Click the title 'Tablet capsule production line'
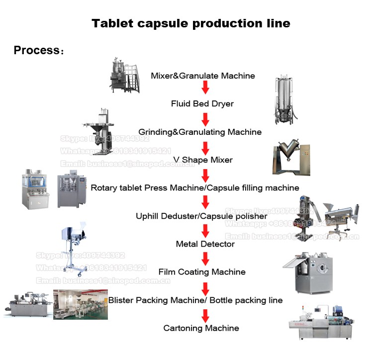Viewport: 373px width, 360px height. [x=190, y=23]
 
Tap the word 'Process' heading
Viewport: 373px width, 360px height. [x=36, y=51]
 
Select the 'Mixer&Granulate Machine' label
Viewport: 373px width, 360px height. [x=203, y=76]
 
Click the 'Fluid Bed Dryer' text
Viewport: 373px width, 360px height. [x=202, y=104]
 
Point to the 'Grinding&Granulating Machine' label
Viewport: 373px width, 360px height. [x=200, y=132]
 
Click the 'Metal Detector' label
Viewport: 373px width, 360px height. [x=205, y=244]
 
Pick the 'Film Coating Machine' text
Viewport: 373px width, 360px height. [x=202, y=272]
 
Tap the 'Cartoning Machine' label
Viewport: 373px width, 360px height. [x=201, y=328]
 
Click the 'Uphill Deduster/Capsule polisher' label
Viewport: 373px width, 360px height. [x=201, y=216]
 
